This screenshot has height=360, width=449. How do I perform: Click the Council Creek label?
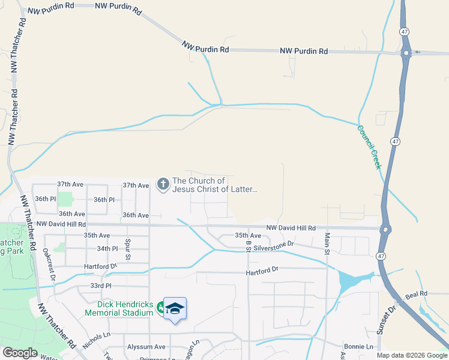[369, 147]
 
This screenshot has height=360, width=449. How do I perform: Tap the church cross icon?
[163, 184]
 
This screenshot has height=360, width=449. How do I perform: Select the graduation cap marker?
[175, 308]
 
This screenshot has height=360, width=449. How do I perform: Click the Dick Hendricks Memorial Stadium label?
[119, 308]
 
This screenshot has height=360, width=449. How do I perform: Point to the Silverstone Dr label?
[273, 244]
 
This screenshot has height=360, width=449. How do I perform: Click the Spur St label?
[128, 249]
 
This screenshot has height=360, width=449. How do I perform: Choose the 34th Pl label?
[107, 248]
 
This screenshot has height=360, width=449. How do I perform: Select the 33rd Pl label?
[101, 286]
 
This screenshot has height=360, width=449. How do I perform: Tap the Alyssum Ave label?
[146, 347]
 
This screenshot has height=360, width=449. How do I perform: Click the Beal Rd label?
[415, 293]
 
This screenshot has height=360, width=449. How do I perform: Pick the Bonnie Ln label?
[358, 347]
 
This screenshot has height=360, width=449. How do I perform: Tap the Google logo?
[19, 353]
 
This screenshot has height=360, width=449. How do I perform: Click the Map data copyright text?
[412, 355]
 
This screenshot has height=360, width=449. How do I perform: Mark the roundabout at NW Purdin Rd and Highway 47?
[406, 53]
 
